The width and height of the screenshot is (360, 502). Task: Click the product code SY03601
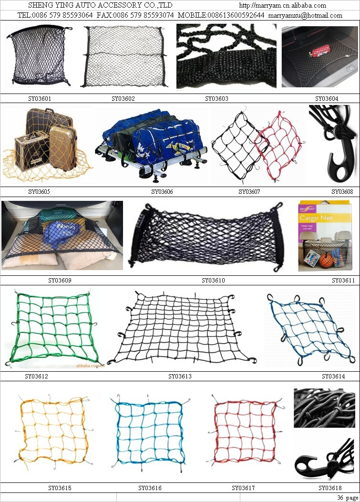[x=40, y=99]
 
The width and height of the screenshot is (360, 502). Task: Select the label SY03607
[x=249, y=192]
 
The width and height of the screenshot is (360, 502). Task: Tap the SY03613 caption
[x=180, y=376]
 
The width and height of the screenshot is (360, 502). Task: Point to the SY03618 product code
[x=330, y=488]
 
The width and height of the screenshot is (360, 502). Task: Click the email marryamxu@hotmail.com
[x=305, y=15]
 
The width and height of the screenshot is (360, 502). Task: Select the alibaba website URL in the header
[x=283, y=5]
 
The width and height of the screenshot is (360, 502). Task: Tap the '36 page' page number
[x=348, y=498]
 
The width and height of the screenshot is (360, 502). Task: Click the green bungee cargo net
[x=53, y=328]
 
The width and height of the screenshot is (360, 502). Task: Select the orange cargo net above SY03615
[x=53, y=430]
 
